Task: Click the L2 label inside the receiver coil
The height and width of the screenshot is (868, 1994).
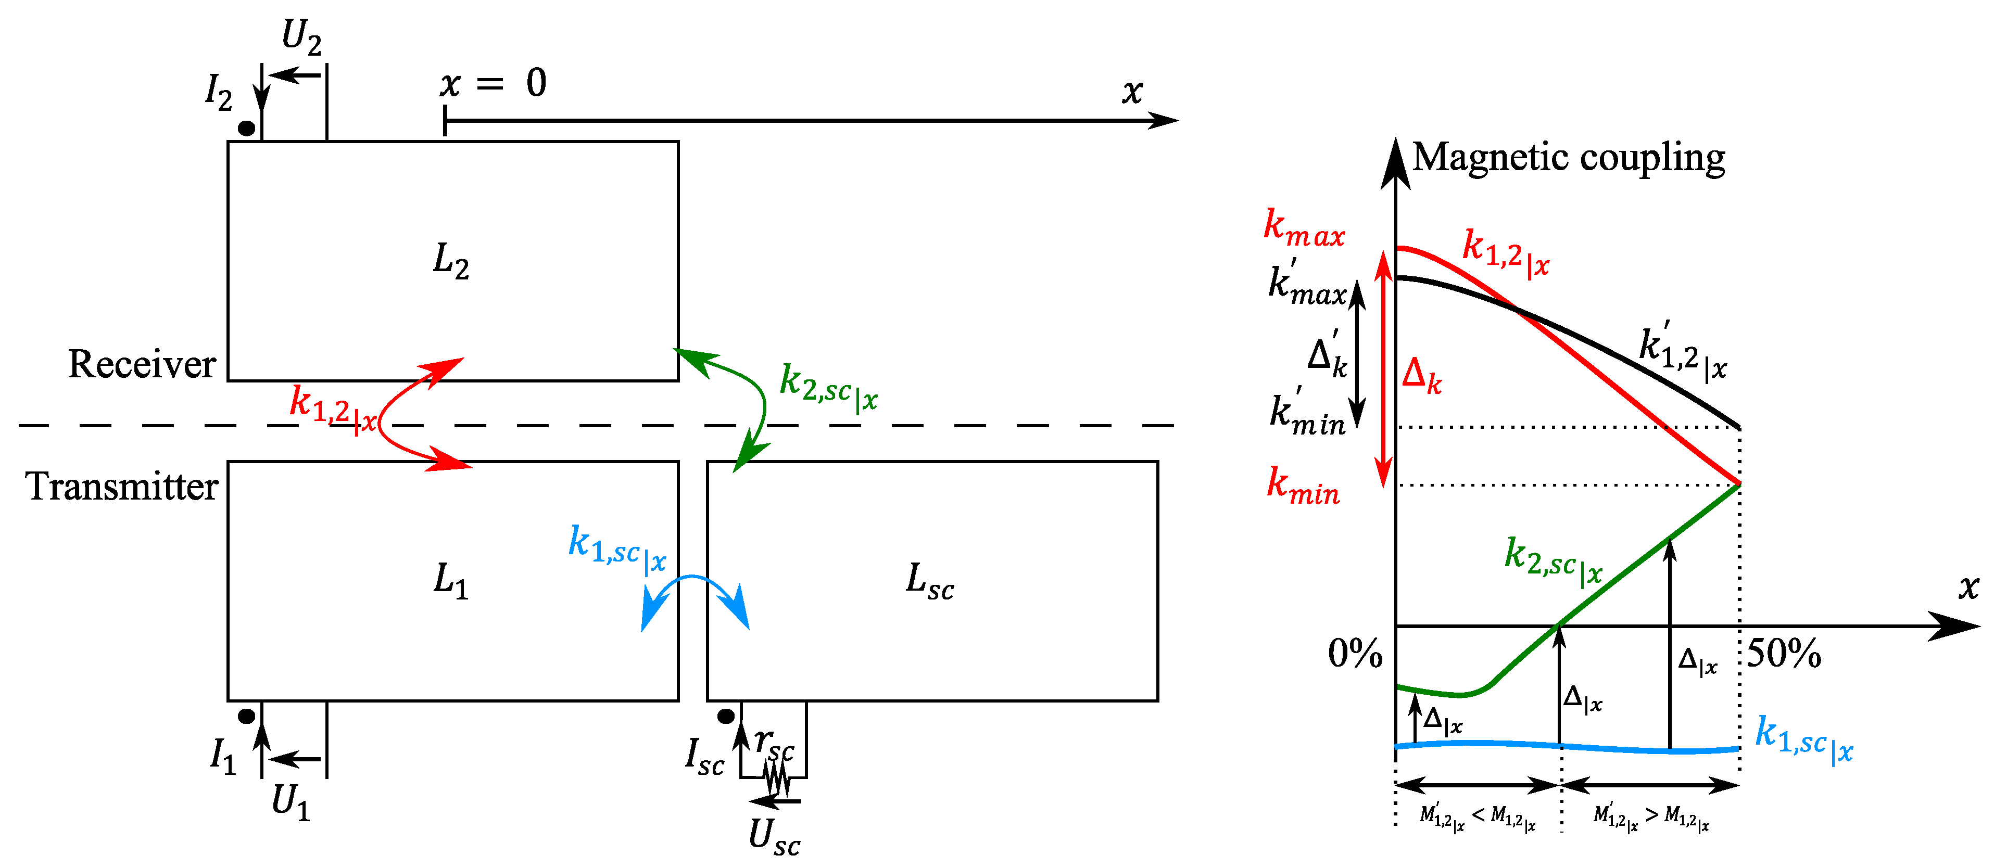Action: pyautogui.click(x=450, y=261)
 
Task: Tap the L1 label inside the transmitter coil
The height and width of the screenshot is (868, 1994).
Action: pyautogui.click(x=450, y=580)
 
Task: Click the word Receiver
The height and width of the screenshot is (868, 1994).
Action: pyautogui.click(x=142, y=364)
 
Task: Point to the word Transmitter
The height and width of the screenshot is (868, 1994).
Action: pyautogui.click(x=121, y=486)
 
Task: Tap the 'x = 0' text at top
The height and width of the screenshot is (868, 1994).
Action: pyautogui.click(x=493, y=83)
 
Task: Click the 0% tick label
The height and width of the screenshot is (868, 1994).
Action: pyautogui.click(x=1355, y=654)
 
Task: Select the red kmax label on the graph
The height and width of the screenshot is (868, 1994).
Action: pyautogui.click(x=1304, y=228)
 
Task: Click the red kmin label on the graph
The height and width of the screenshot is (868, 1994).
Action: pyautogui.click(x=1303, y=488)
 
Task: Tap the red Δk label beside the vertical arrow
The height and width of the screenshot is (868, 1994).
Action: pyautogui.click(x=1422, y=376)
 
